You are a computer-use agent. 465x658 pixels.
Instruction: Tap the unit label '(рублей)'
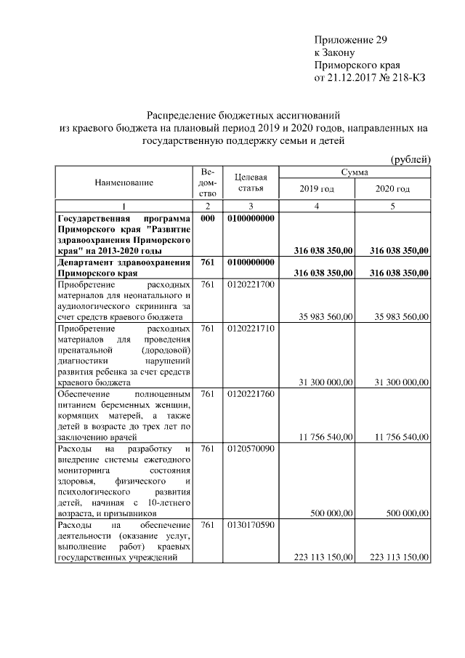(411, 159)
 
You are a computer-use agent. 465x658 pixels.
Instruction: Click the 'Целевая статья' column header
(251, 182)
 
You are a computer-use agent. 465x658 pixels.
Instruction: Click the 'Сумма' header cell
(355, 172)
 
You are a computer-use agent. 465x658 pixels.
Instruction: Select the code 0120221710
(251, 329)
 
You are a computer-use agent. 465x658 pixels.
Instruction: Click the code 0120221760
(251, 393)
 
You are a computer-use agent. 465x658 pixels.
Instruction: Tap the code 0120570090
(251, 449)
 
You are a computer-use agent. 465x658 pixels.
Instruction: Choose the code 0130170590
(251, 525)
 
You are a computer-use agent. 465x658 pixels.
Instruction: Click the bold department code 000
(207, 218)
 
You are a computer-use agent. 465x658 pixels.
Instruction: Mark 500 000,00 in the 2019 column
(334, 513)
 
